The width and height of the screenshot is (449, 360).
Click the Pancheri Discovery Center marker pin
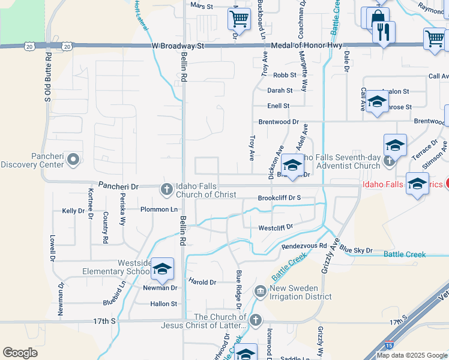pos(73,160)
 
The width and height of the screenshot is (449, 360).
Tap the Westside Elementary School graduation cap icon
pos(161,269)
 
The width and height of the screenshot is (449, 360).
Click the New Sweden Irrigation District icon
pos(261,292)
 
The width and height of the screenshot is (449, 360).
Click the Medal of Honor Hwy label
pos(309,46)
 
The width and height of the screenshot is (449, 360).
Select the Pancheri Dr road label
pos(118,187)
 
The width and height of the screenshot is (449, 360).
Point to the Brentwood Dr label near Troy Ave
pos(279,121)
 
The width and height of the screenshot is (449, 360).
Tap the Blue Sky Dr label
pos(356,250)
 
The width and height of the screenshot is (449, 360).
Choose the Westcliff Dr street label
pos(275,227)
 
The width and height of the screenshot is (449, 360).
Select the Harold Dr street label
pos(202,282)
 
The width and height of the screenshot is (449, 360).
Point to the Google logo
pos(20,353)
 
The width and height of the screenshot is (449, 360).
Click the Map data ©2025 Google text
pos(412,355)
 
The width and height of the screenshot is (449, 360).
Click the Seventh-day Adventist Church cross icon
pos(390,161)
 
